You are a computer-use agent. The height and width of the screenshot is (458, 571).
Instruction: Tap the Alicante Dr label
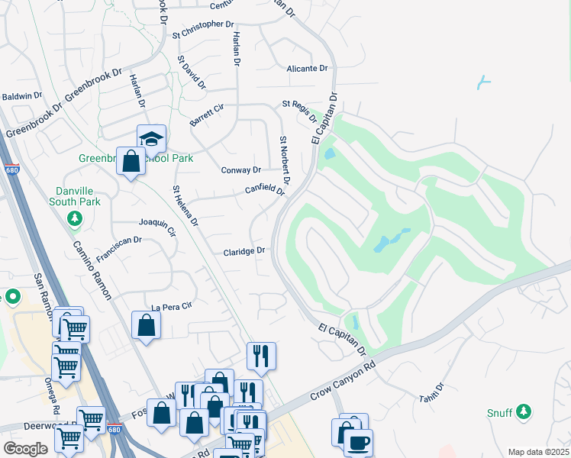point(307,69)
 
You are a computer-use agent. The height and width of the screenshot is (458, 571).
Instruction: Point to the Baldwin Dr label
point(21,96)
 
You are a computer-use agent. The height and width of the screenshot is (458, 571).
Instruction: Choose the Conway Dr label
point(241,169)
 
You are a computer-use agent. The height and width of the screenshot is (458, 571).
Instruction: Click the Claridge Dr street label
point(244,251)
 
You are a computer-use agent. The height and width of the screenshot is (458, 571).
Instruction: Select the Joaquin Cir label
point(157,224)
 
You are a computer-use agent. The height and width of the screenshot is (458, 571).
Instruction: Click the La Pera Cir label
point(170,307)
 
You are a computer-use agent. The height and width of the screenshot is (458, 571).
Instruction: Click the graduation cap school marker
point(151,138)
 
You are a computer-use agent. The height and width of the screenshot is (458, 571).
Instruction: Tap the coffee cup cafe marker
point(358,442)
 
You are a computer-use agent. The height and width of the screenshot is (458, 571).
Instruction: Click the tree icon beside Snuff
point(523,412)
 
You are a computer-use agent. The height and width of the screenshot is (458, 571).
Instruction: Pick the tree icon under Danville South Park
point(75,220)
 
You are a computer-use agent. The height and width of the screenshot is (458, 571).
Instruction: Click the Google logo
point(25,449)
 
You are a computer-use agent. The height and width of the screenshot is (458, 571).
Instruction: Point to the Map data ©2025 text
point(537,452)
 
